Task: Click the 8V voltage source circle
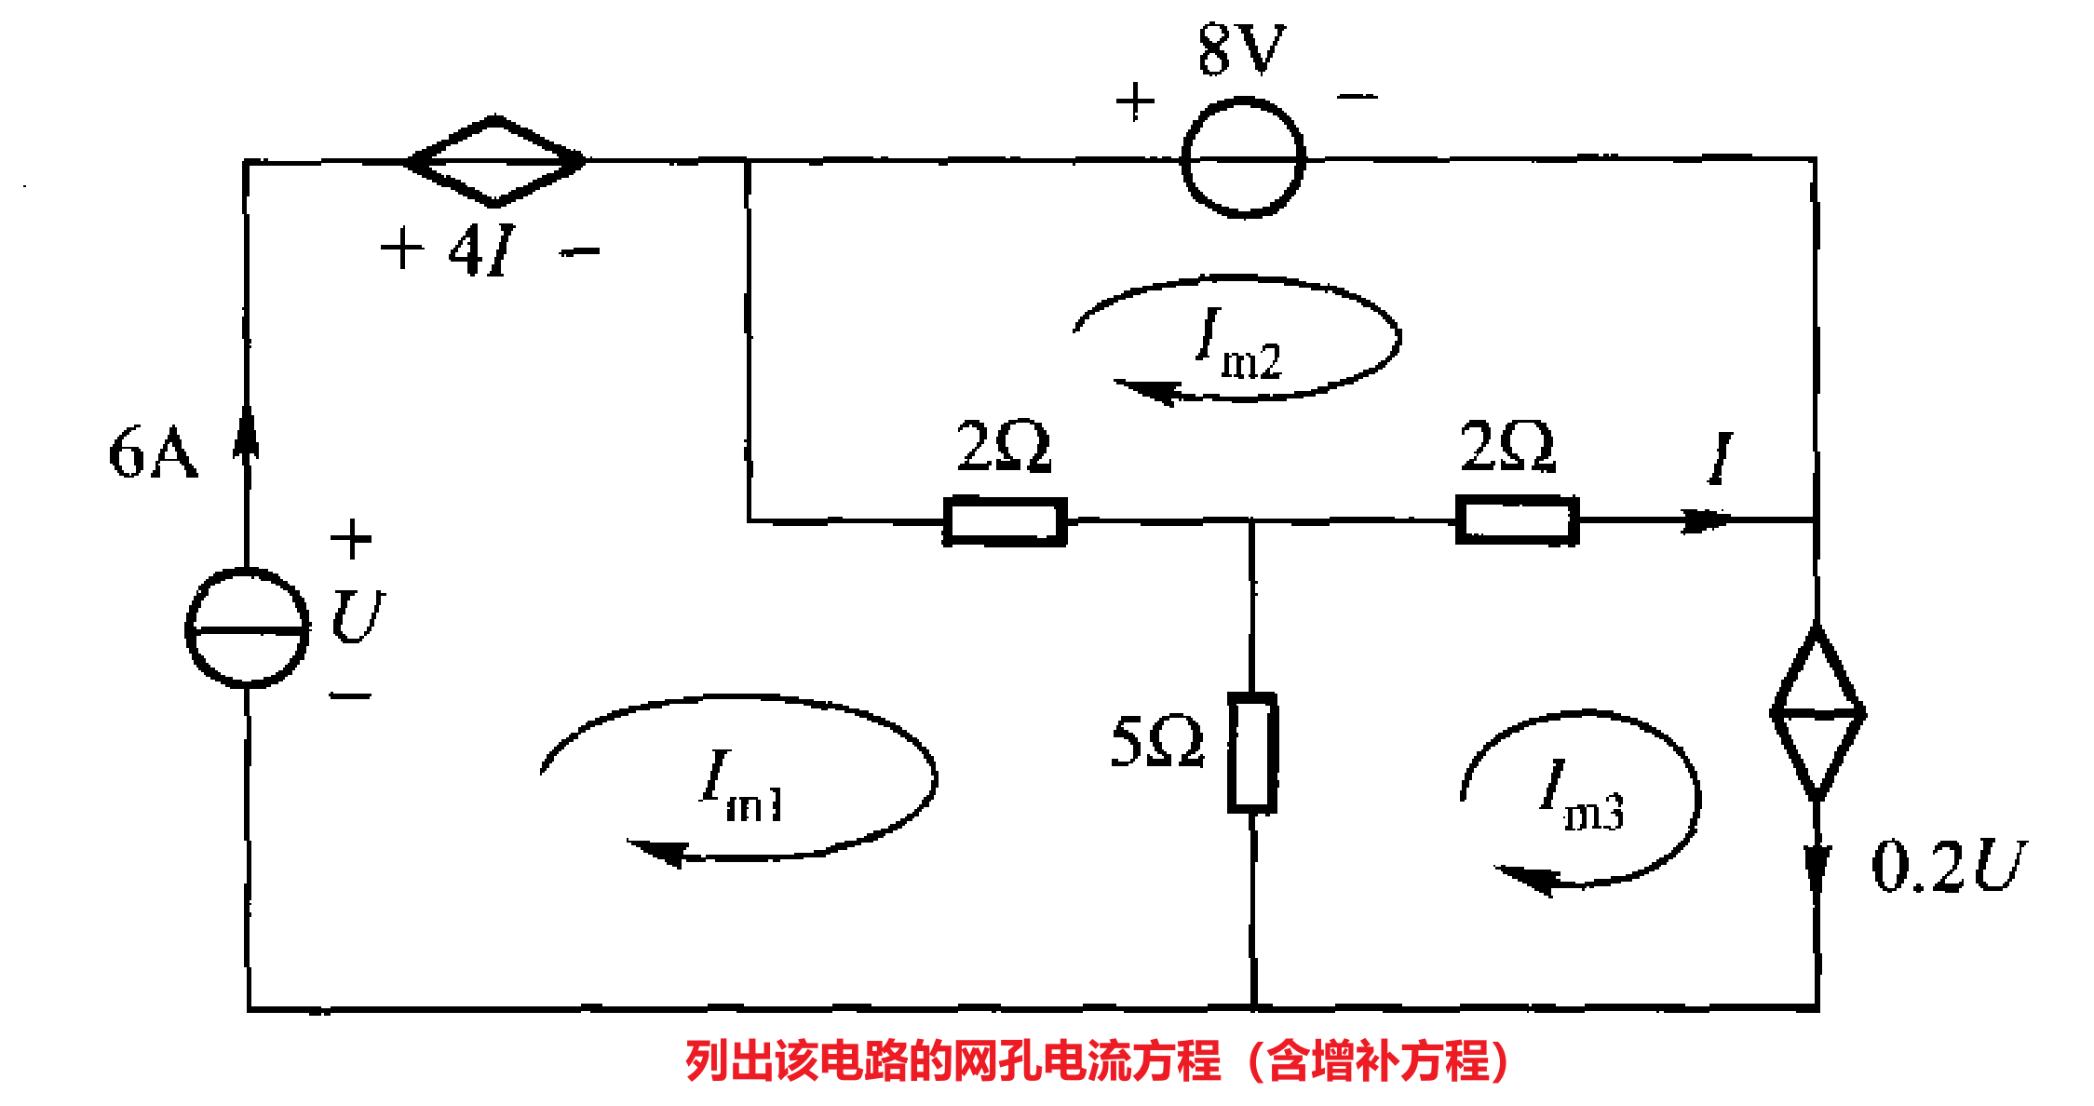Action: click(1243, 158)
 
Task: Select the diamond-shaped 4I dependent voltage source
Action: click(495, 161)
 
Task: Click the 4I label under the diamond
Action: click(481, 250)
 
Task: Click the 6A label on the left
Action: click(153, 453)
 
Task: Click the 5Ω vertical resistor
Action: click(1252, 752)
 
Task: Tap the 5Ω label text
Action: click(1157, 742)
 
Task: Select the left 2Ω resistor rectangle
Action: click(1005, 521)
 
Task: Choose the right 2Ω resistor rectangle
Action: click(1517, 520)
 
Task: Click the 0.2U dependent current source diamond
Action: click(1817, 713)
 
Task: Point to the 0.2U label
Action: click(1947, 866)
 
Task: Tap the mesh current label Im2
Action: click(1239, 344)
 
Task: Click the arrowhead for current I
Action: click(1706, 519)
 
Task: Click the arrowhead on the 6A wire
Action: click(247, 433)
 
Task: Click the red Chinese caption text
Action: click(1097, 1061)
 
